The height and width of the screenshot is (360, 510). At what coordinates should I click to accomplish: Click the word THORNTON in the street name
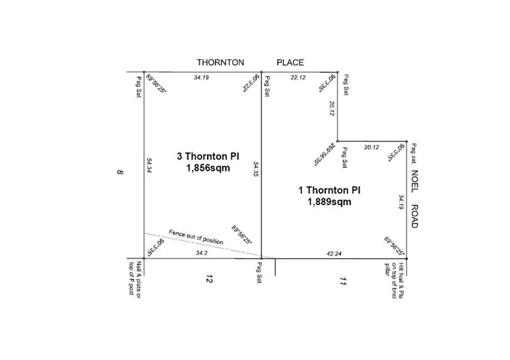[x=220, y=62]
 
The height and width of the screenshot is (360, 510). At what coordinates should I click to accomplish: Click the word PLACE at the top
[x=289, y=62]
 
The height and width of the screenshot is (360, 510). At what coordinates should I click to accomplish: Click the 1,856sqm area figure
[x=208, y=169]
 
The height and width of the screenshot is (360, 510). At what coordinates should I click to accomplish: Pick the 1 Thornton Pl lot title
[x=330, y=190]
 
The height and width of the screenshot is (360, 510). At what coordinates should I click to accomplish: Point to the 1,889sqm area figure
[x=329, y=202]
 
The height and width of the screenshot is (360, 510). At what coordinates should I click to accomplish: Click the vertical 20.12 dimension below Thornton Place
[x=331, y=108]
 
